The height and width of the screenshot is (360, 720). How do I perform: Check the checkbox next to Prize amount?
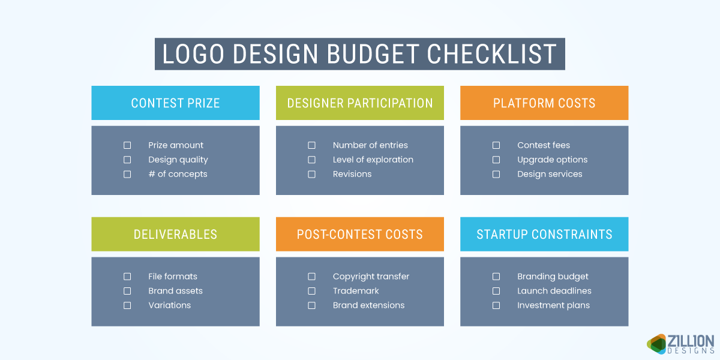click(x=127, y=145)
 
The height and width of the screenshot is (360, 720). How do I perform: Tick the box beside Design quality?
click(x=127, y=160)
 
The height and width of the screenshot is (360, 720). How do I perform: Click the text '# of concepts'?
click(x=178, y=174)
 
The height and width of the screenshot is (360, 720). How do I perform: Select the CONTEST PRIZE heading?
click(x=175, y=103)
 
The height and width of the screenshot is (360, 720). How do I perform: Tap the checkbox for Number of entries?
click(x=311, y=145)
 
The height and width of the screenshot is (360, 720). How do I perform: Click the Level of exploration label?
click(x=373, y=160)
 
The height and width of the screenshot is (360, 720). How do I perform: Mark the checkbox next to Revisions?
click(x=311, y=174)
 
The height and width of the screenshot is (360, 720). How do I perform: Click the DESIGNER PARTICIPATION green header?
click(x=360, y=103)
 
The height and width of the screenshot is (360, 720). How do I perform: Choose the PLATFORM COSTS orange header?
click(x=544, y=103)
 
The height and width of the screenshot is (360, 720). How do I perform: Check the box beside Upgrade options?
click(x=496, y=160)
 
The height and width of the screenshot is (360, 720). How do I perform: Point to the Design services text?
click(x=550, y=174)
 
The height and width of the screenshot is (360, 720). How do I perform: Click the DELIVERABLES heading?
click(x=175, y=234)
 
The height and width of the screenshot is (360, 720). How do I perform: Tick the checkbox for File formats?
click(x=127, y=277)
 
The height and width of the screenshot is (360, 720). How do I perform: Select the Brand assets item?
click(x=175, y=291)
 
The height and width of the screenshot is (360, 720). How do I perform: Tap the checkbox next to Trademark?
click(x=311, y=291)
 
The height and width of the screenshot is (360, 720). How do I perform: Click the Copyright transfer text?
click(x=371, y=277)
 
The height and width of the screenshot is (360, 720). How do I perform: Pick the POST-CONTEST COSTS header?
click(x=360, y=234)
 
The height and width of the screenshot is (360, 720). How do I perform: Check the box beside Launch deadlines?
click(x=496, y=291)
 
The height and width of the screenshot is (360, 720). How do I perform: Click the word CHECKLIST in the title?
click(x=492, y=54)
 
